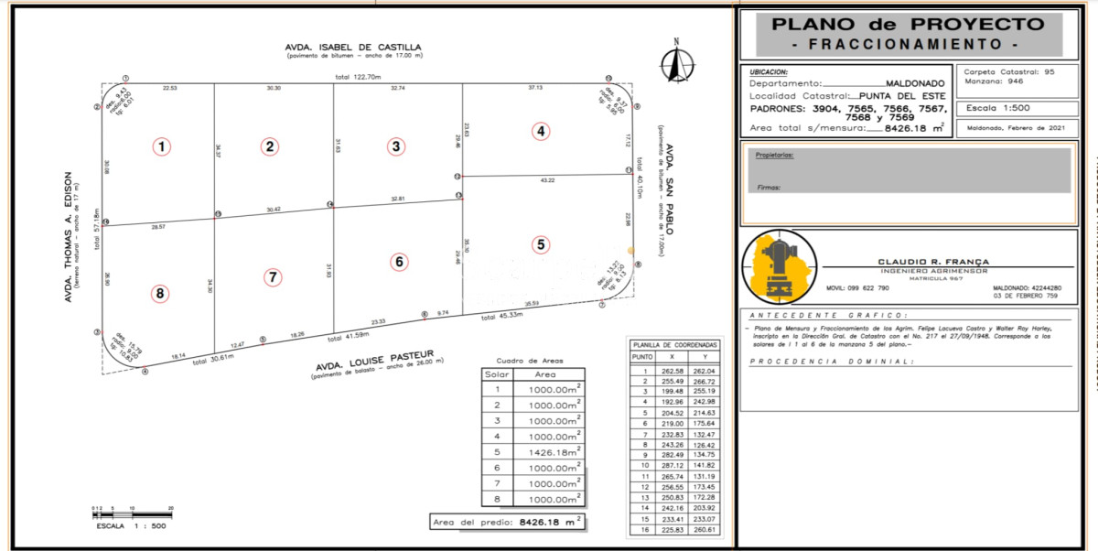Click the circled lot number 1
pyautogui.click(x=161, y=146)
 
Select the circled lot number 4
pyautogui.click(x=542, y=131)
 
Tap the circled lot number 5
pyautogui.click(x=542, y=244)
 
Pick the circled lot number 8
pyautogui.click(x=161, y=293)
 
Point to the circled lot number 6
pyautogui.click(x=399, y=262)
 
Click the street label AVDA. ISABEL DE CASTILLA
pyautogui.click(x=352, y=48)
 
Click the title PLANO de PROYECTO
pyautogui.click(x=908, y=25)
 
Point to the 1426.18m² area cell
pyautogui.click(x=553, y=451)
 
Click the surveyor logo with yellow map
pyautogui.click(x=779, y=268)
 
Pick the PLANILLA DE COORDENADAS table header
pyautogui.click(x=675, y=344)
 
